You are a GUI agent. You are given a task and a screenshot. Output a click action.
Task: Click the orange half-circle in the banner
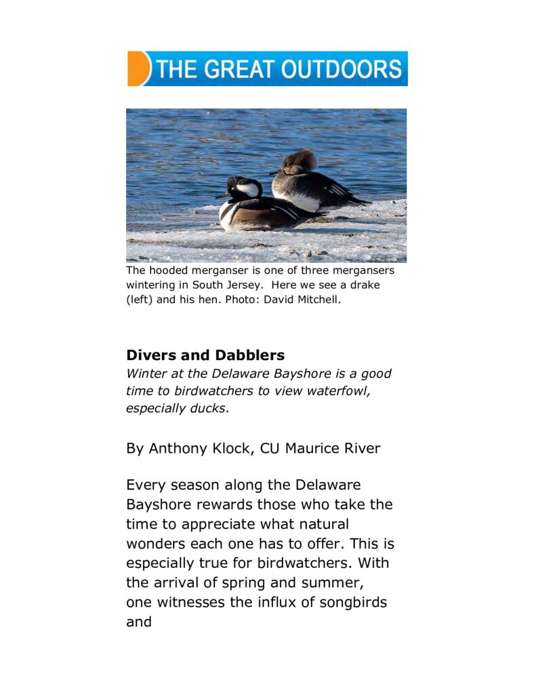[137, 68]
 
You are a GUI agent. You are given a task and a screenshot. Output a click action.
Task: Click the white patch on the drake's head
[249, 189]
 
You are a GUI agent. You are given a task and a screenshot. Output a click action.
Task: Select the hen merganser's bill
[275, 172]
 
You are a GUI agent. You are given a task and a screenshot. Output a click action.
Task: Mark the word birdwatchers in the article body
[304, 563]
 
